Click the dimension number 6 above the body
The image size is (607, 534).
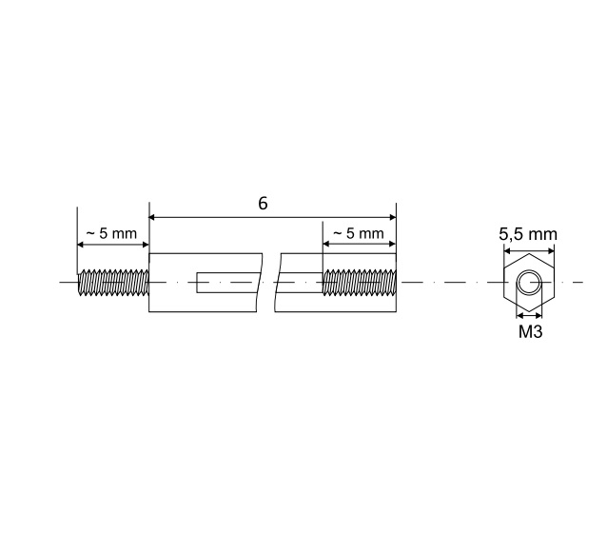point(263,204)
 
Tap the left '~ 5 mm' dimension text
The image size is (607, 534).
point(111,233)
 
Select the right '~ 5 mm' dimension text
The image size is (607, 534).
point(359,233)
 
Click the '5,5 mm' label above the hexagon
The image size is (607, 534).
point(528,234)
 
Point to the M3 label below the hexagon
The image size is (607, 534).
point(530,331)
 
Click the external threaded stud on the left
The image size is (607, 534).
point(113,283)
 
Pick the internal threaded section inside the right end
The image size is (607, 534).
point(360,283)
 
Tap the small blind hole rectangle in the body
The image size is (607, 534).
point(227,283)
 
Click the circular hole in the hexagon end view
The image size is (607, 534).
point(529,283)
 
